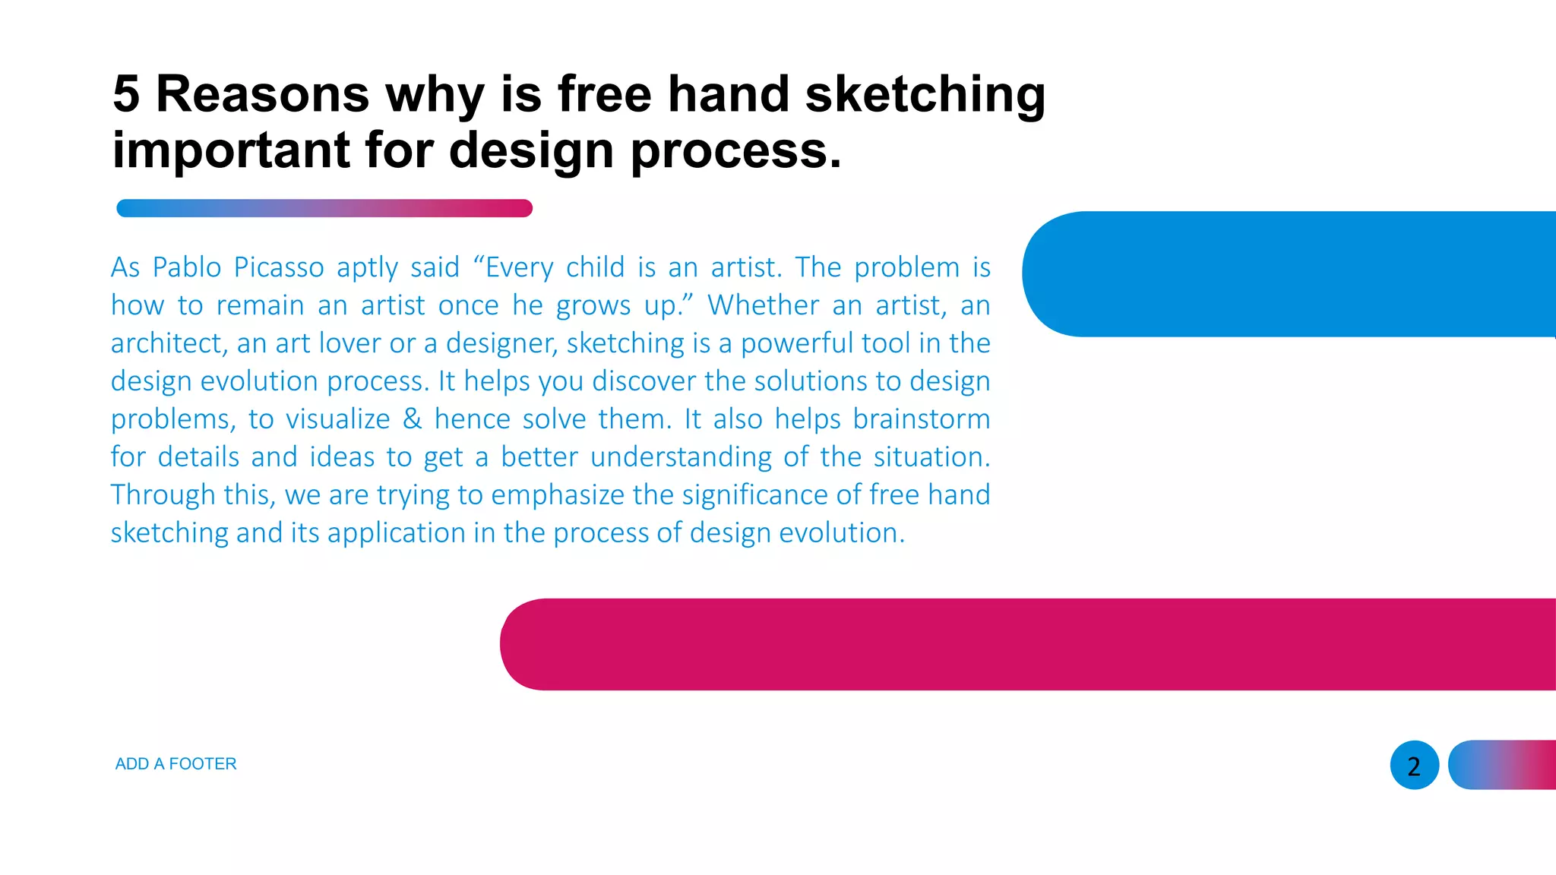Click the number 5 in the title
(127, 95)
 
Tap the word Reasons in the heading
(262, 95)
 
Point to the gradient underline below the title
(324, 208)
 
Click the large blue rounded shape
(1292, 274)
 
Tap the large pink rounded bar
(1026, 644)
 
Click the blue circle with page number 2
(1414, 765)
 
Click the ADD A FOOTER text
(176, 763)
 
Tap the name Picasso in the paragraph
(278, 267)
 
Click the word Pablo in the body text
(187, 267)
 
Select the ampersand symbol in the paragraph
(412, 419)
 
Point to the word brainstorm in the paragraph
(921, 419)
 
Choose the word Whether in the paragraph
(763, 305)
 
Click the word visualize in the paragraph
(337, 419)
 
